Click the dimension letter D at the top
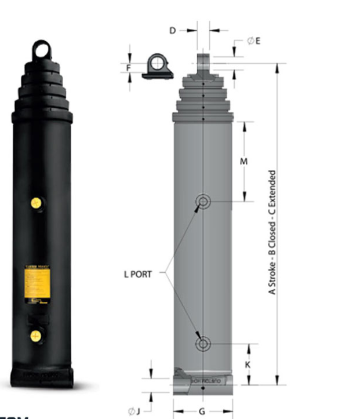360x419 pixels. tap(172, 30)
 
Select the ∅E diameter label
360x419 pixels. tap(253, 41)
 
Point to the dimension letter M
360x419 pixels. tap(243, 162)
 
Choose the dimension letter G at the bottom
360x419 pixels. tap(202, 411)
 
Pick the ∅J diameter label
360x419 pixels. tap(134, 411)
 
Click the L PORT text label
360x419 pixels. tap(137, 274)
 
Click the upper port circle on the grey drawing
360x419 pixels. tap(202, 201)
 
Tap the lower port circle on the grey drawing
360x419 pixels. tap(202, 344)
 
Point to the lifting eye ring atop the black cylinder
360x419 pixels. tap(42, 50)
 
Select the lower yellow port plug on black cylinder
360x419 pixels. tap(36, 336)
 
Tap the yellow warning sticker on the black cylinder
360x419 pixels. tap(39, 283)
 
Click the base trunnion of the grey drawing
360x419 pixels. tap(203, 381)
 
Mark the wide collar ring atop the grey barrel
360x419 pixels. tap(203, 116)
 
